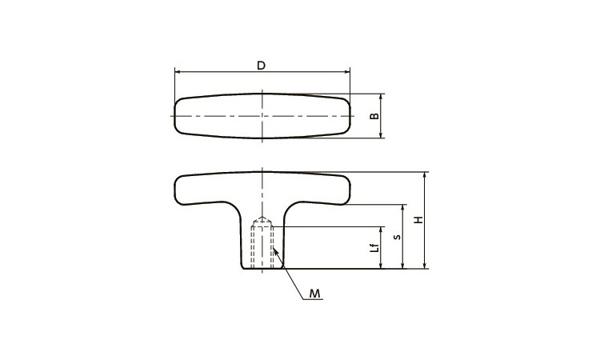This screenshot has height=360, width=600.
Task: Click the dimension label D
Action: pyautogui.click(x=262, y=65)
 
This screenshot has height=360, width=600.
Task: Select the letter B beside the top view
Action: pyautogui.click(x=373, y=116)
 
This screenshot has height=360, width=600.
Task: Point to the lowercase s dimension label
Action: pyautogui.click(x=395, y=237)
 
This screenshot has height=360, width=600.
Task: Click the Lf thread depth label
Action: pyautogui.click(x=374, y=247)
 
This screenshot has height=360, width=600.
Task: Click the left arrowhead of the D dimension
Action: pyautogui.click(x=178, y=72)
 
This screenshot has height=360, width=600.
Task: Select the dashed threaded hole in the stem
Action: pyautogui.click(x=262, y=246)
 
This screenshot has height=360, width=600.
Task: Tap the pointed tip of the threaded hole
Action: pyautogui.click(x=262, y=218)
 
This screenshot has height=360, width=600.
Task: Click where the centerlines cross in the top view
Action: pyautogui.click(x=262, y=116)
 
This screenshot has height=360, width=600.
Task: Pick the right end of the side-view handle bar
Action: pyautogui.click(x=350, y=190)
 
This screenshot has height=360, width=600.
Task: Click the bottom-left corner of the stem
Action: pyautogui.click(x=241, y=268)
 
